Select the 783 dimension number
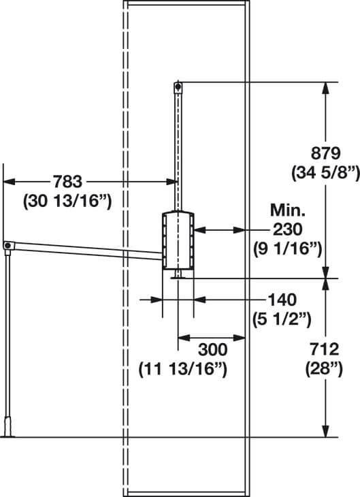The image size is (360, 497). pos(67,182)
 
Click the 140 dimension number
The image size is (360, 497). pos(282,299)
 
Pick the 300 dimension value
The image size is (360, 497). pos(213,350)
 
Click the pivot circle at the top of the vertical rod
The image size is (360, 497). pos(178,86)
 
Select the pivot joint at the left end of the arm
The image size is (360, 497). pos(7,245)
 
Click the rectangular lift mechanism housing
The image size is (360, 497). pos(178,242)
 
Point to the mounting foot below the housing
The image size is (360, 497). pos(178,275)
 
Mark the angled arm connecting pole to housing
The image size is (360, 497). pos(85,251)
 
